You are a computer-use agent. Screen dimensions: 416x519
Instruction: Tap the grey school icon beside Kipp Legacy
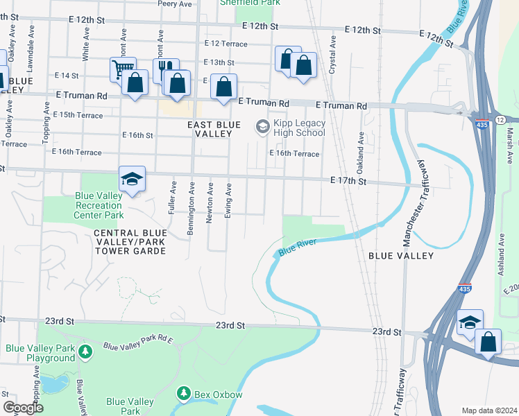263,126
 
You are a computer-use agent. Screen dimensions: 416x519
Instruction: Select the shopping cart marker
122,68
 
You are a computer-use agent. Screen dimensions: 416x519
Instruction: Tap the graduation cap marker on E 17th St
131,180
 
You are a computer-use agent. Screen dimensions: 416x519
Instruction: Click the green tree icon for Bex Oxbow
184,394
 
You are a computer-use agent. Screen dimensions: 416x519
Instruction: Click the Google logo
22,408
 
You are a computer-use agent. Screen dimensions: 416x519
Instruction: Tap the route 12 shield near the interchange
500,120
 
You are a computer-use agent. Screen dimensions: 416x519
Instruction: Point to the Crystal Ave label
332,57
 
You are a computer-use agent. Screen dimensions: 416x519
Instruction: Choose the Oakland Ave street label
360,147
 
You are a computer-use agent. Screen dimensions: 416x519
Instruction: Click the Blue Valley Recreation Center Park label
98,205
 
